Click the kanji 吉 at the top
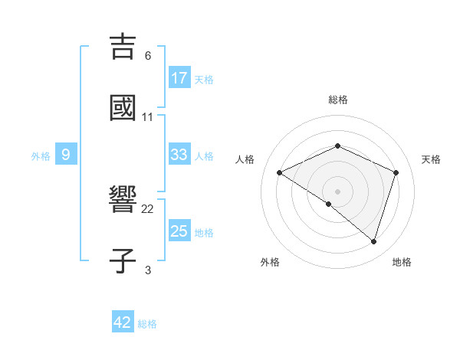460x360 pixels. (123, 47)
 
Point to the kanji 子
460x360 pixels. (123, 260)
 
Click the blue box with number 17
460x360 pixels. (179, 78)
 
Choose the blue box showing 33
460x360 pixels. (179, 155)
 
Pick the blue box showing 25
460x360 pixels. (179, 231)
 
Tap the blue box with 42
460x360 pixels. (123, 322)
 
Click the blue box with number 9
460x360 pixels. (66, 155)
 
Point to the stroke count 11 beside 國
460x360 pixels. (148, 117)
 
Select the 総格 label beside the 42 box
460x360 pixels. (147, 324)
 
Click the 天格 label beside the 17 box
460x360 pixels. (204, 79)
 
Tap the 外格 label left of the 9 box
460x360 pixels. (41, 155)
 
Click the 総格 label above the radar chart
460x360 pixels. (338, 100)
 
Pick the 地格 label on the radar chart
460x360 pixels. (402, 262)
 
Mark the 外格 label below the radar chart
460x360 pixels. (270, 262)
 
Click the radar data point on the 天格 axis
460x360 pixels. (396, 172)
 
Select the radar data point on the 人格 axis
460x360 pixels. (280, 172)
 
